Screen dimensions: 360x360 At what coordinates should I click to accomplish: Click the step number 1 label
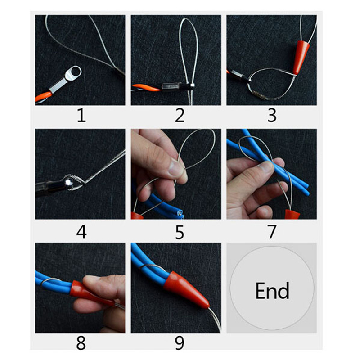[x=81, y=115]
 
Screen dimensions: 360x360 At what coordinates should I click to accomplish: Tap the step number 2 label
[x=179, y=115]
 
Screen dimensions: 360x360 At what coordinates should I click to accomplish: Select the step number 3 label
[x=272, y=115]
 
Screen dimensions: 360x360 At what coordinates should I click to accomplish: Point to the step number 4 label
[x=81, y=232]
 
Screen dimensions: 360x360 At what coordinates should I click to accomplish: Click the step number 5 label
[x=180, y=232]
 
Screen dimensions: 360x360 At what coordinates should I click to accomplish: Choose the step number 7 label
[x=272, y=232]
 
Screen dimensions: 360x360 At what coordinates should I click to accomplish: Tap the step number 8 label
[x=81, y=343]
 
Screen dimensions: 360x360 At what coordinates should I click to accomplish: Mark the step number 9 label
[x=179, y=343]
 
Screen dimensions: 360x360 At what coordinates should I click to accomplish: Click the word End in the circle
[x=272, y=291]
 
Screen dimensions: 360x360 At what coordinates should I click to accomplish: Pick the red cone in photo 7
[x=292, y=214]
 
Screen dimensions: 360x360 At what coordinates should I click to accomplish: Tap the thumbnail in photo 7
[x=267, y=166]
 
